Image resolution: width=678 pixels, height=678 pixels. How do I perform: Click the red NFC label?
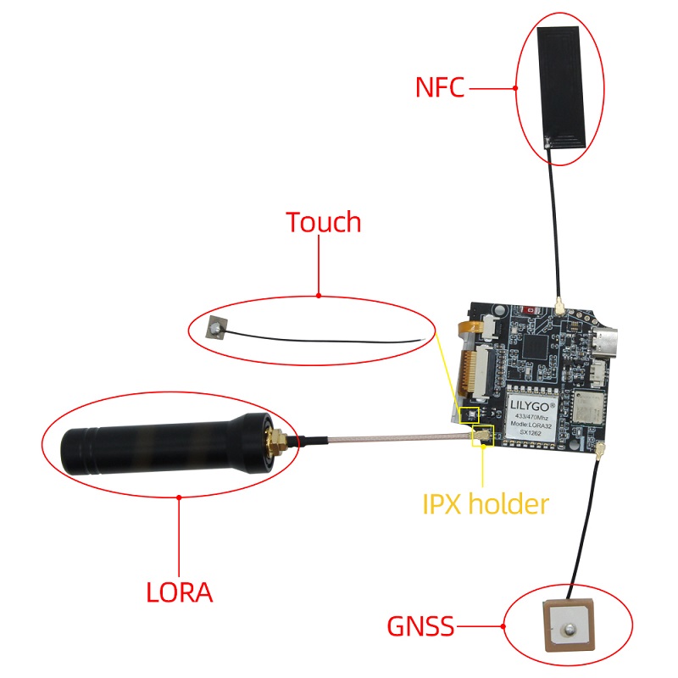click(x=439, y=87)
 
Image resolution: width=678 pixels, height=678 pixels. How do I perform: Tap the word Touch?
click(x=324, y=222)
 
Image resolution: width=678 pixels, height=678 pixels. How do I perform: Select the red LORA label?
click(x=180, y=592)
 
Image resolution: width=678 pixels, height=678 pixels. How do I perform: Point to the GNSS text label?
click(x=420, y=626)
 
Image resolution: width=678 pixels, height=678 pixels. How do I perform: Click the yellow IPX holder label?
click(x=485, y=504)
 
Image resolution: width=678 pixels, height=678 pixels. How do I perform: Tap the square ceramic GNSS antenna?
click(x=567, y=625)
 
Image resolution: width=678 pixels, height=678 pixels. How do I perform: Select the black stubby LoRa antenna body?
click(x=166, y=444)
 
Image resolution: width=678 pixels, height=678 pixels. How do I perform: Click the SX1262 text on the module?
click(x=531, y=432)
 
